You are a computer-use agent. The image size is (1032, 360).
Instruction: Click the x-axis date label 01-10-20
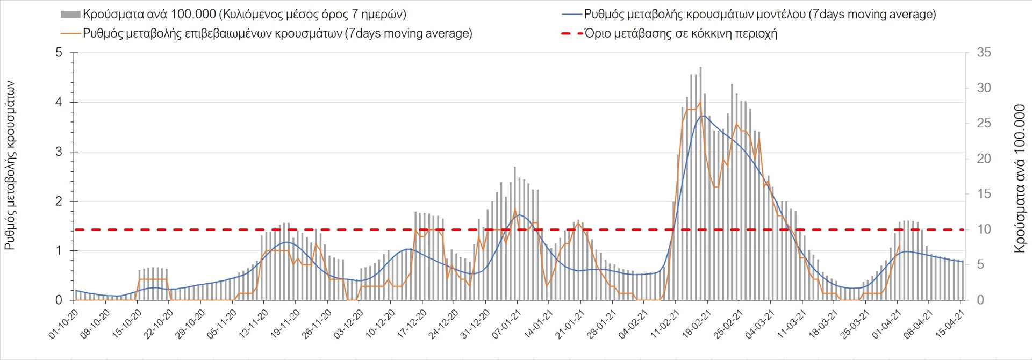tap(64, 324)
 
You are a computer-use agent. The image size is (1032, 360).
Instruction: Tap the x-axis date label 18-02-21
tap(697, 324)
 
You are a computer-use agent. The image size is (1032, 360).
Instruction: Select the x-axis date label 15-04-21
tap(950, 324)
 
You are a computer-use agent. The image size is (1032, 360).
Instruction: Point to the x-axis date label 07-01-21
tap(507, 324)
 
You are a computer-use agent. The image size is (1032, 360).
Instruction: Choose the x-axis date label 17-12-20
tap(412, 324)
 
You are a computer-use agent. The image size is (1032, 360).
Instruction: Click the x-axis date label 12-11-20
tap(254, 324)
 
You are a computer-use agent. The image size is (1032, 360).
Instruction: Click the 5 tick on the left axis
tap(59, 53)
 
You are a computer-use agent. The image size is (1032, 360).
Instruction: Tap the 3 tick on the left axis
tap(59, 152)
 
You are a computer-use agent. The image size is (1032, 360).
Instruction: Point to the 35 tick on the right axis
tap(984, 53)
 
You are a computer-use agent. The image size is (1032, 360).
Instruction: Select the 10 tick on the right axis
tap(984, 229)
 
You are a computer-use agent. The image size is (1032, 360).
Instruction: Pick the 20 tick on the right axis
tap(984, 159)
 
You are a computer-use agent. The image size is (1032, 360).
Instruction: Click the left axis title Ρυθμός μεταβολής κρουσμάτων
tap(10, 165)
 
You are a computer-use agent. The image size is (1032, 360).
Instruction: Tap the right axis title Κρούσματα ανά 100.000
tap(1020, 178)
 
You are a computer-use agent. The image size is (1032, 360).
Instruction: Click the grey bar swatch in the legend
tap(70, 15)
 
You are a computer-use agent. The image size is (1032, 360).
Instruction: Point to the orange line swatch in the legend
tap(70, 33)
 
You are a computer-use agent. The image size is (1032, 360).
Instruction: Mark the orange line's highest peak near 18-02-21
tap(700, 103)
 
